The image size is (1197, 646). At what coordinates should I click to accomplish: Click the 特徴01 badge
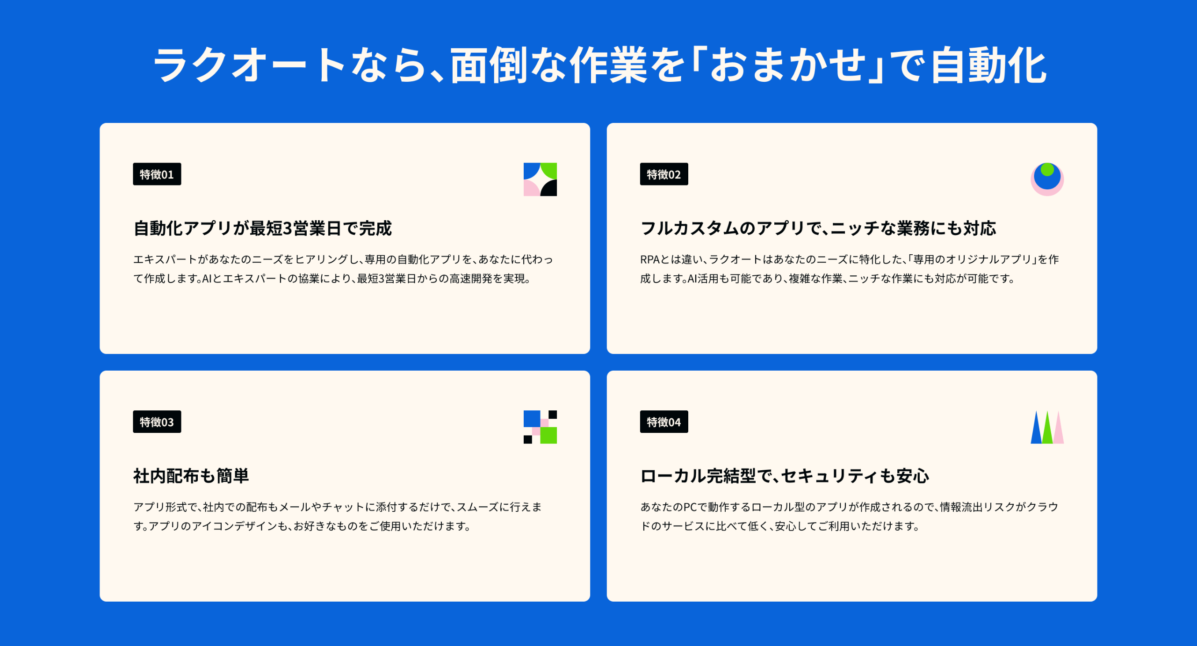[x=157, y=174]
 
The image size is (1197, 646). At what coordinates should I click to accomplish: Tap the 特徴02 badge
[x=664, y=174]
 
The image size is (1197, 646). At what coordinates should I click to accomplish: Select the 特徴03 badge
[x=157, y=422]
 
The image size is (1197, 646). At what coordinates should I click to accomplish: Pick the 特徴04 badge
[x=664, y=422]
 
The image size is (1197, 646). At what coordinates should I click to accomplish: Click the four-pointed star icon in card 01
[x=540, y=179]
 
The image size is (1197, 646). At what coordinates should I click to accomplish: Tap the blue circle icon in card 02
[x=1047, y=179]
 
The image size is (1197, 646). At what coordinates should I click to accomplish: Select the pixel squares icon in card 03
[x=540, y=427]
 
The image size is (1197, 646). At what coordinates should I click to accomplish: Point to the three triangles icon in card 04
[x=1047, y=427]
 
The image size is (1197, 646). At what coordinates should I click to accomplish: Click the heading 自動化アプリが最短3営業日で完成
[x=263, y=228]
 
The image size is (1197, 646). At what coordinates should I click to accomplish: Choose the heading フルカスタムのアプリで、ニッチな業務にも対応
[x=818, y=228]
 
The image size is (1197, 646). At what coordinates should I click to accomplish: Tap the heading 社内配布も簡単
[x=191, y=476]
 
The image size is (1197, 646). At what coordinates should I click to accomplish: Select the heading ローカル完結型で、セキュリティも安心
[x=785, y=476]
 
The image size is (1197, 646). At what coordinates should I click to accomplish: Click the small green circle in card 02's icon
[x=1047, y=169]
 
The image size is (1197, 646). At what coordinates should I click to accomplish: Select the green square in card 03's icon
[x=548, y=435]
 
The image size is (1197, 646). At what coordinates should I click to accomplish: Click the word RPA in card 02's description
[x=650, y=259]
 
